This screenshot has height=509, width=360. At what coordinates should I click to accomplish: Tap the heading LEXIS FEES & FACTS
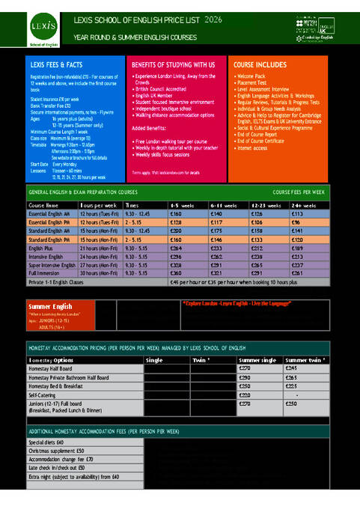[53, 66]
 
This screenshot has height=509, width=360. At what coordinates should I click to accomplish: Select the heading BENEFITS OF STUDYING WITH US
[173, 65]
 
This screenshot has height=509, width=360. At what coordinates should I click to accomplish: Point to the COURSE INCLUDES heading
[260, 65]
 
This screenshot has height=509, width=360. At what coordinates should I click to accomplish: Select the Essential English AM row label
[52, 213]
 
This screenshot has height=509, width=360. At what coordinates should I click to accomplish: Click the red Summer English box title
[51, 306]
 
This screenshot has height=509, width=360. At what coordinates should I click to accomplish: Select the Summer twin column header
[305, 360]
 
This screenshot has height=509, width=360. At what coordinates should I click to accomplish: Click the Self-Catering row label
[43, 394]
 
